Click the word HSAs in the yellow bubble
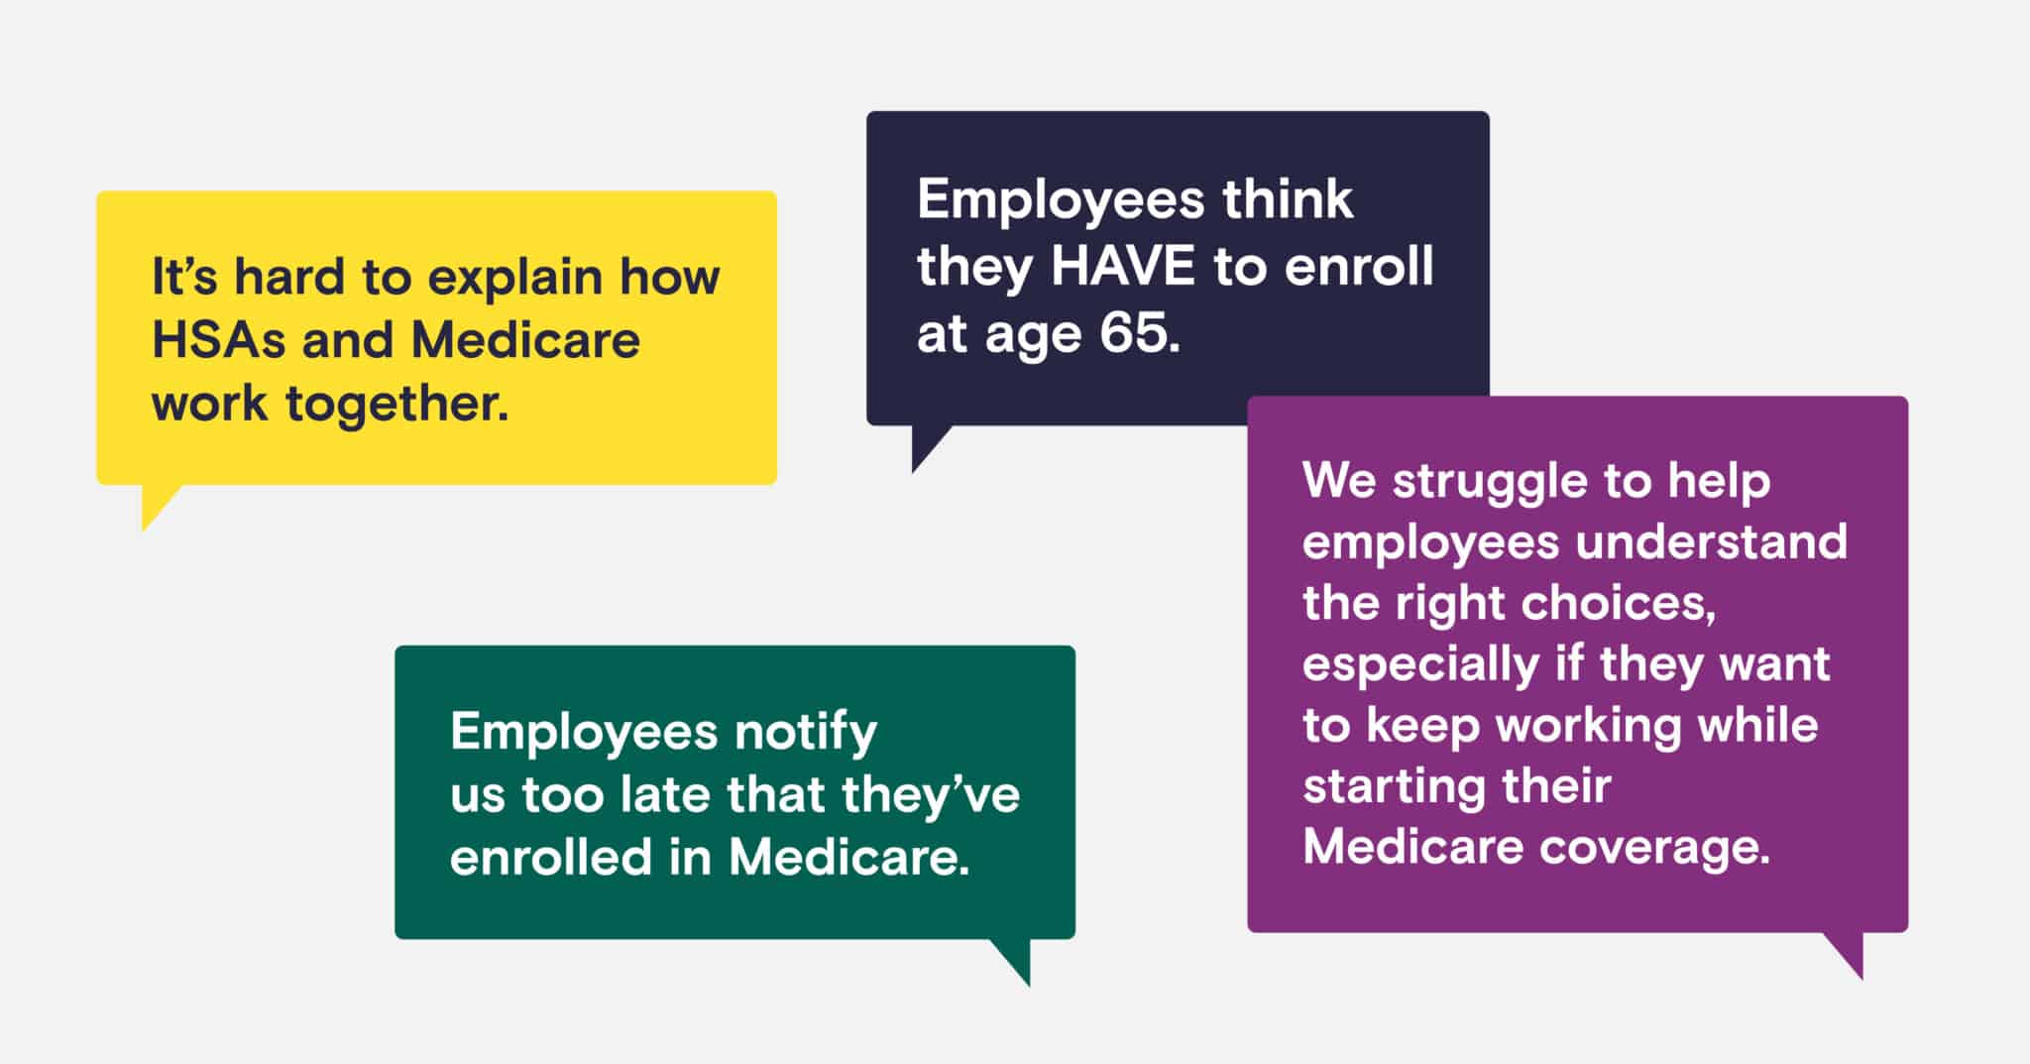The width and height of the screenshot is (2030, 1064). [219, 339]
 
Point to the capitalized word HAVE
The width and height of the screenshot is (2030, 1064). [1123, 266]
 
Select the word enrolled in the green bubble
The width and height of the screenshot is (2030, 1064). [550, 857]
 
